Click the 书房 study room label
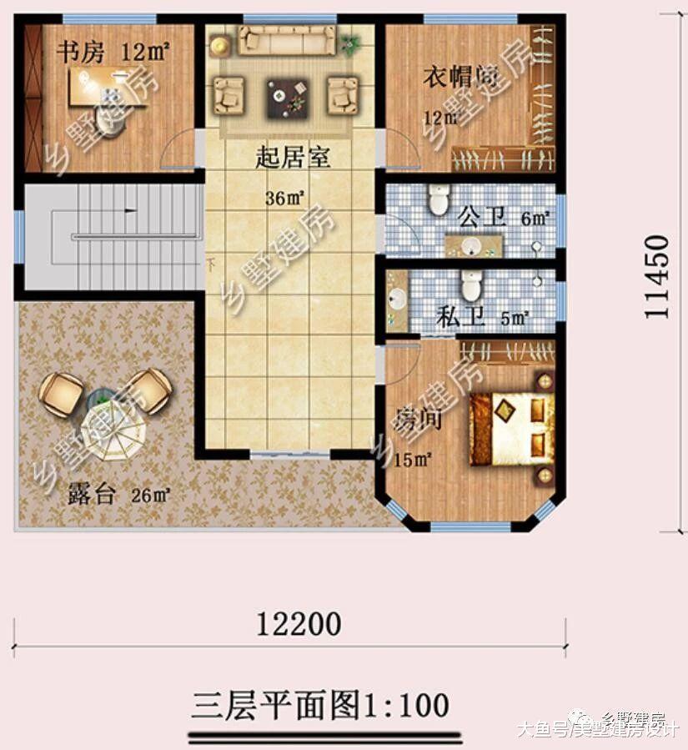pos(80,53)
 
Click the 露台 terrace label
pos(92,494)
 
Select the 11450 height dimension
pos(659,275)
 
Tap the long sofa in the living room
pos(287,38)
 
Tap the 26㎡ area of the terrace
pos(151,495)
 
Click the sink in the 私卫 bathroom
pos(398,298)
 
